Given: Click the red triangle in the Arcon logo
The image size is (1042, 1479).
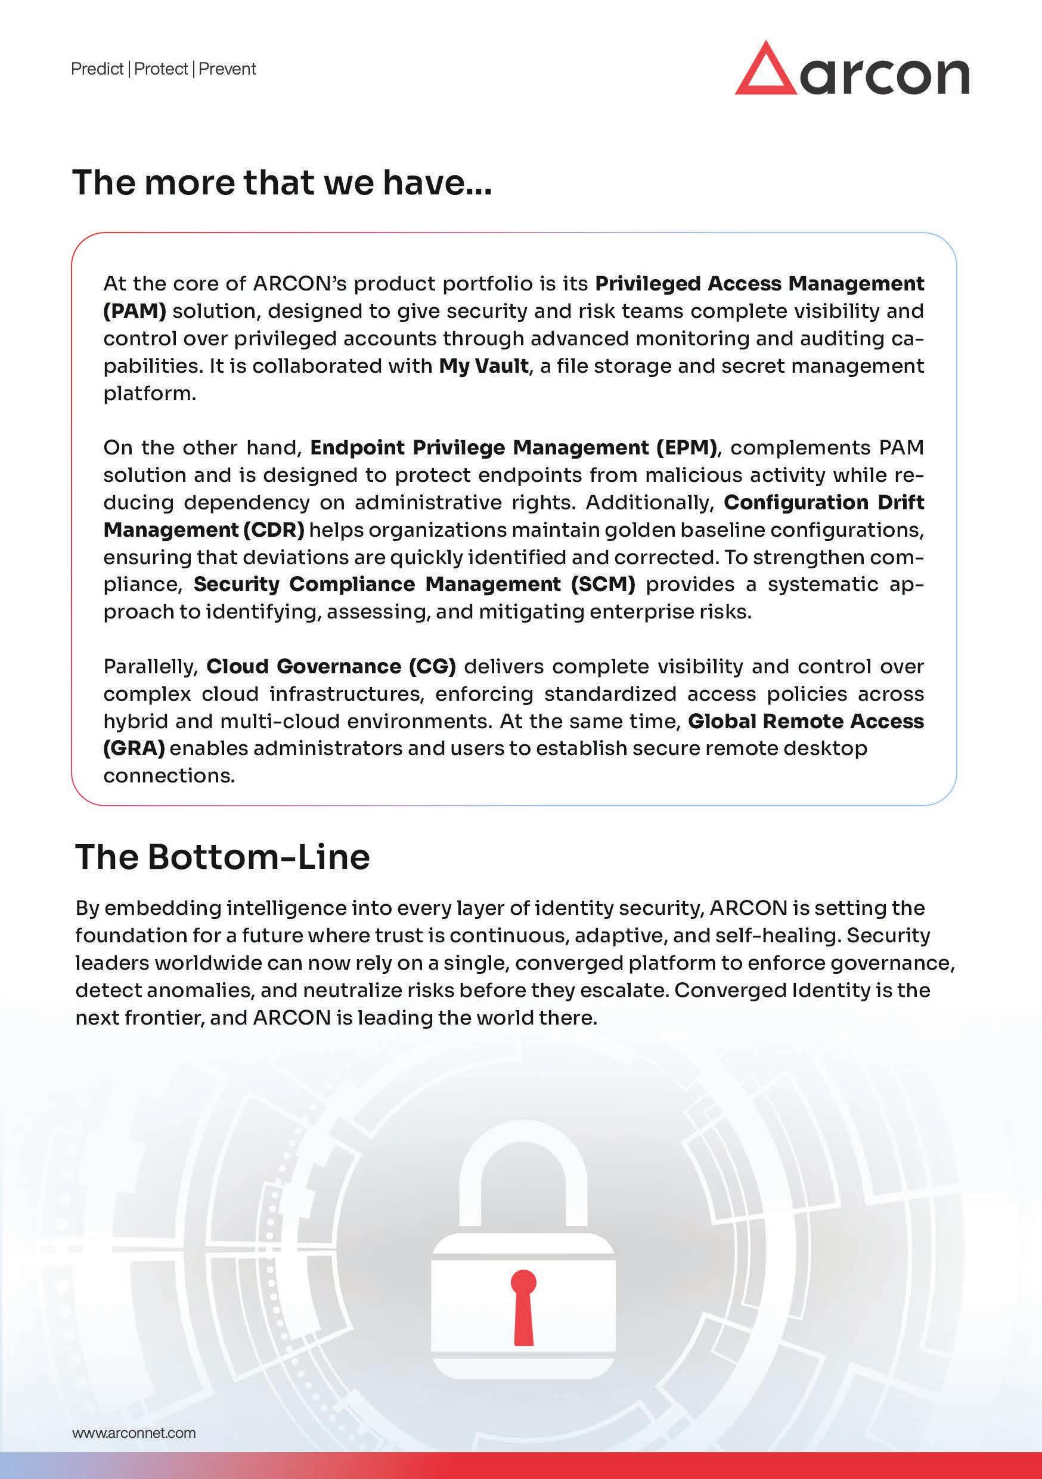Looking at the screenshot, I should click(x=764, y=72).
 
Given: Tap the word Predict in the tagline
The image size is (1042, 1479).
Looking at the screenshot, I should click(x=97, y=69).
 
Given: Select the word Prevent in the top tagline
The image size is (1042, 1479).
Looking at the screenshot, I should click(x=227, y=69).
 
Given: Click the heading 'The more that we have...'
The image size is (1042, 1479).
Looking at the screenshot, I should click(x=282, y=182).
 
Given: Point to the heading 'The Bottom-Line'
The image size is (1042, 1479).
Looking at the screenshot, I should click(x=223, y=857).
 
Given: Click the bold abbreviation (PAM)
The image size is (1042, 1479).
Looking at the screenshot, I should click(x=135, y=311).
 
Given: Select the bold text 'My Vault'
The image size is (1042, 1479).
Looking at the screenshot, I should click(x=483, y=366).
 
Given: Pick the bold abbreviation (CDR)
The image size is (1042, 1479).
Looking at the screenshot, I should click(x=274, y=530).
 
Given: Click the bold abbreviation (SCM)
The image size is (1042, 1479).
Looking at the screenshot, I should click(x=603, y=584).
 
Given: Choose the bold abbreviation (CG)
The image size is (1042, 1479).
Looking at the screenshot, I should click(x=432, y=666).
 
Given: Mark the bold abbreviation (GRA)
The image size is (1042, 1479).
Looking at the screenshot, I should click(x=134, y=748).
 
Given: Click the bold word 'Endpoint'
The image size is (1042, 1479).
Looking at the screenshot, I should click(x=357, y=447).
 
